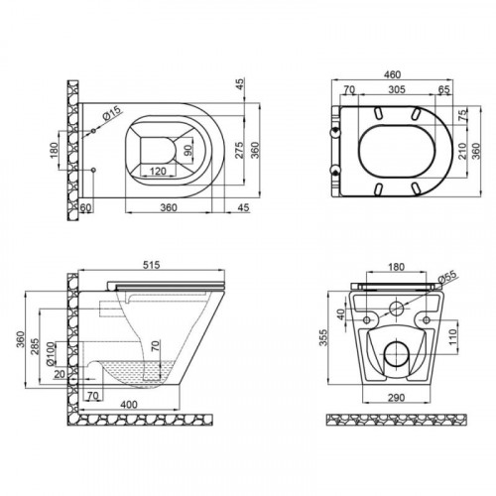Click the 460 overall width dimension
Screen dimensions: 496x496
coord(393,74)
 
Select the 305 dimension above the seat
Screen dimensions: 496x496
coord(397,89)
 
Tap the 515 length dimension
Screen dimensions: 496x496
coord(152,265)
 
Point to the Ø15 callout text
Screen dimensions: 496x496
coord(112,114)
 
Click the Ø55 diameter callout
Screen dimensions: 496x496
coord(447,277)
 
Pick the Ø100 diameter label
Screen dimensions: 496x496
coord(50,354)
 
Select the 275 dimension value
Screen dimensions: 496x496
coord(239,150)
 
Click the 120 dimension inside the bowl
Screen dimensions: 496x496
coord(158,172)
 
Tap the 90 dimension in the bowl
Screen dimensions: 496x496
coord(187,151)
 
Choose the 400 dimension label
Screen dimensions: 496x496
coord(129,405)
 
